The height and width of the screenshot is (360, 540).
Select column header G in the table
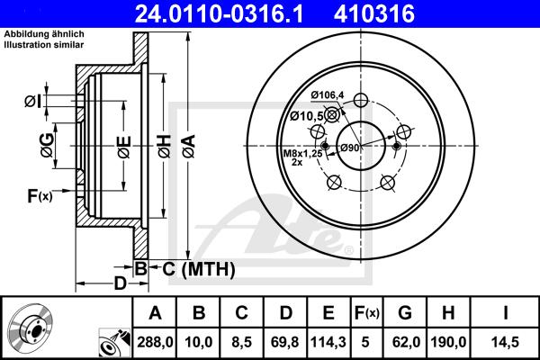point(405,314)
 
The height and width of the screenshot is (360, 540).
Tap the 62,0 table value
point(405,343)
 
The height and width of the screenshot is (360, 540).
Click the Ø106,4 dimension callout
point(329,95)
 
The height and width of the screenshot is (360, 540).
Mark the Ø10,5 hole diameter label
point(306,115)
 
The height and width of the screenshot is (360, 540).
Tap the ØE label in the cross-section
point(123,146)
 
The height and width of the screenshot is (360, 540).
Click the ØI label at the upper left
point(30,102)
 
